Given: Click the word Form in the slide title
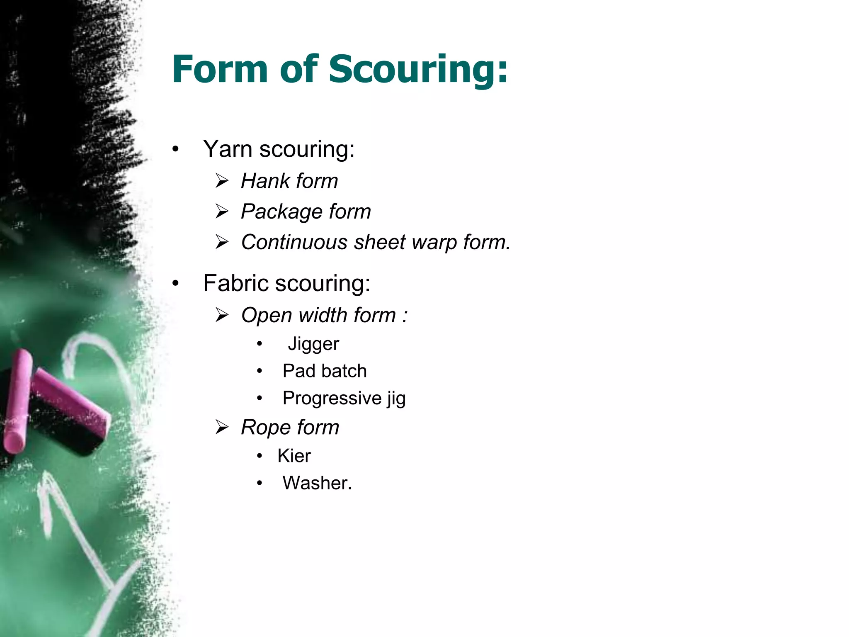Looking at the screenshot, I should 220,70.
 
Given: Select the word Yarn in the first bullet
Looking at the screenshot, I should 228,149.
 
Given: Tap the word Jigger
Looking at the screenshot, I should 313,344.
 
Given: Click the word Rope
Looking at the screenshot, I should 266,428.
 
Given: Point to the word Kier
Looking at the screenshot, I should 294,456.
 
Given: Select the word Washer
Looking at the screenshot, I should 317,483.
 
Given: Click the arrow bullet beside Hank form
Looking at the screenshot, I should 222,181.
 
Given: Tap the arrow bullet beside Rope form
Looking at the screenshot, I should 222,427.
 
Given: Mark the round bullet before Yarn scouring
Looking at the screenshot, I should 176,149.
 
